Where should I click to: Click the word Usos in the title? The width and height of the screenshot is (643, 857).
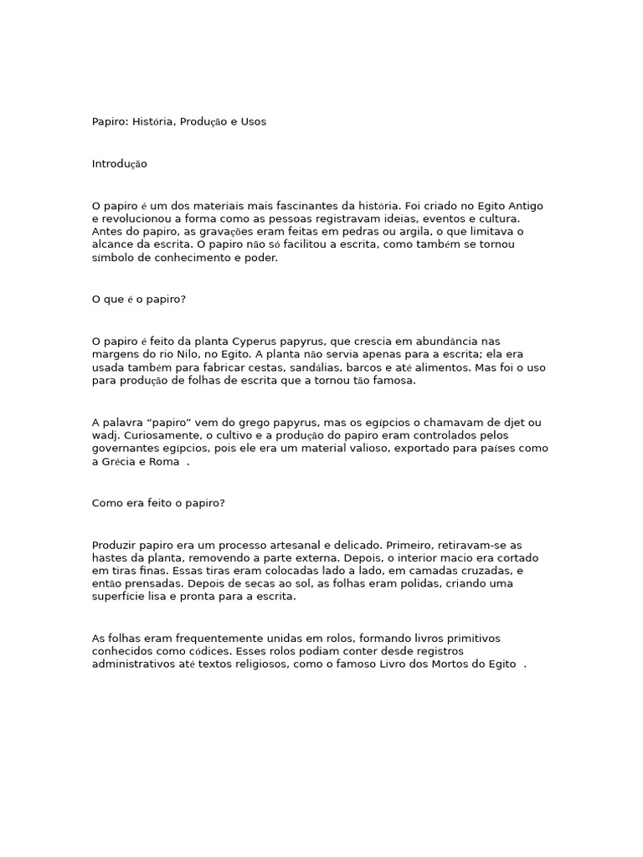click(254, 121)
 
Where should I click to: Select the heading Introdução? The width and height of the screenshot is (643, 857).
click(119, 164)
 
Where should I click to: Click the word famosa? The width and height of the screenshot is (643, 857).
click(394, 382)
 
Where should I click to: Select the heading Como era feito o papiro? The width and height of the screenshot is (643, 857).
click(158, 504)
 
